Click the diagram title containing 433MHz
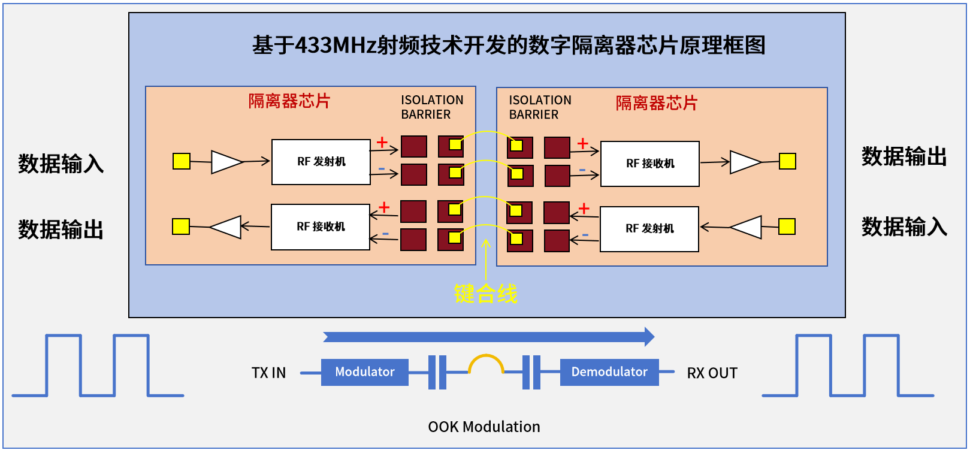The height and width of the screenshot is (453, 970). click(x=508, y=46)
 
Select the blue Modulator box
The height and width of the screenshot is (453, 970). click(x=364, y=372)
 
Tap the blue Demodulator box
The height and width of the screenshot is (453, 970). click(x=609, y=372)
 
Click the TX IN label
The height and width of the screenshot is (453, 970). click(x=268, y=373)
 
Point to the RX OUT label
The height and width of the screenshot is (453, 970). click(x=712, y=373)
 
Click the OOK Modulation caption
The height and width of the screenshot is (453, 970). click(x=484, y=427)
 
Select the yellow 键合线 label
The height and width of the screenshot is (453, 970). click(x=485, y=294)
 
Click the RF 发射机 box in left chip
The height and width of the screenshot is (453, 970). click(x=321, y=162)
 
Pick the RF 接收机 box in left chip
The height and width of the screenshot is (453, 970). click(x=321, y=226)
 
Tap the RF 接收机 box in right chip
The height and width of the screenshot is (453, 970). click(x=650, y=164)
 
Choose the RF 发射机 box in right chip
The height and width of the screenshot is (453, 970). click(x=649, y=229)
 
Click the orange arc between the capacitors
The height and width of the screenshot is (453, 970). click(x=486, y=361)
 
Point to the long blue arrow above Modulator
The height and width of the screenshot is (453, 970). click(x=488, y=337)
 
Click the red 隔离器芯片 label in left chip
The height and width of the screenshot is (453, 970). click(x=289, y=101)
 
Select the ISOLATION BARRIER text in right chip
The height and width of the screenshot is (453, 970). click(x=540, y=107)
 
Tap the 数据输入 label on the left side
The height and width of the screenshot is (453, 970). click(x=61, y=164)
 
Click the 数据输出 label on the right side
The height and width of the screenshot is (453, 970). click(x=904, y=156)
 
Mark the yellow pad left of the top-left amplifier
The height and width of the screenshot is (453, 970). click(x=182, y=161)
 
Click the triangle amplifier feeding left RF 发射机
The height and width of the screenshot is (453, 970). click(x=226, y=162)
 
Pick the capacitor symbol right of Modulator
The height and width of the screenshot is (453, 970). click(x=438, y=372)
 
